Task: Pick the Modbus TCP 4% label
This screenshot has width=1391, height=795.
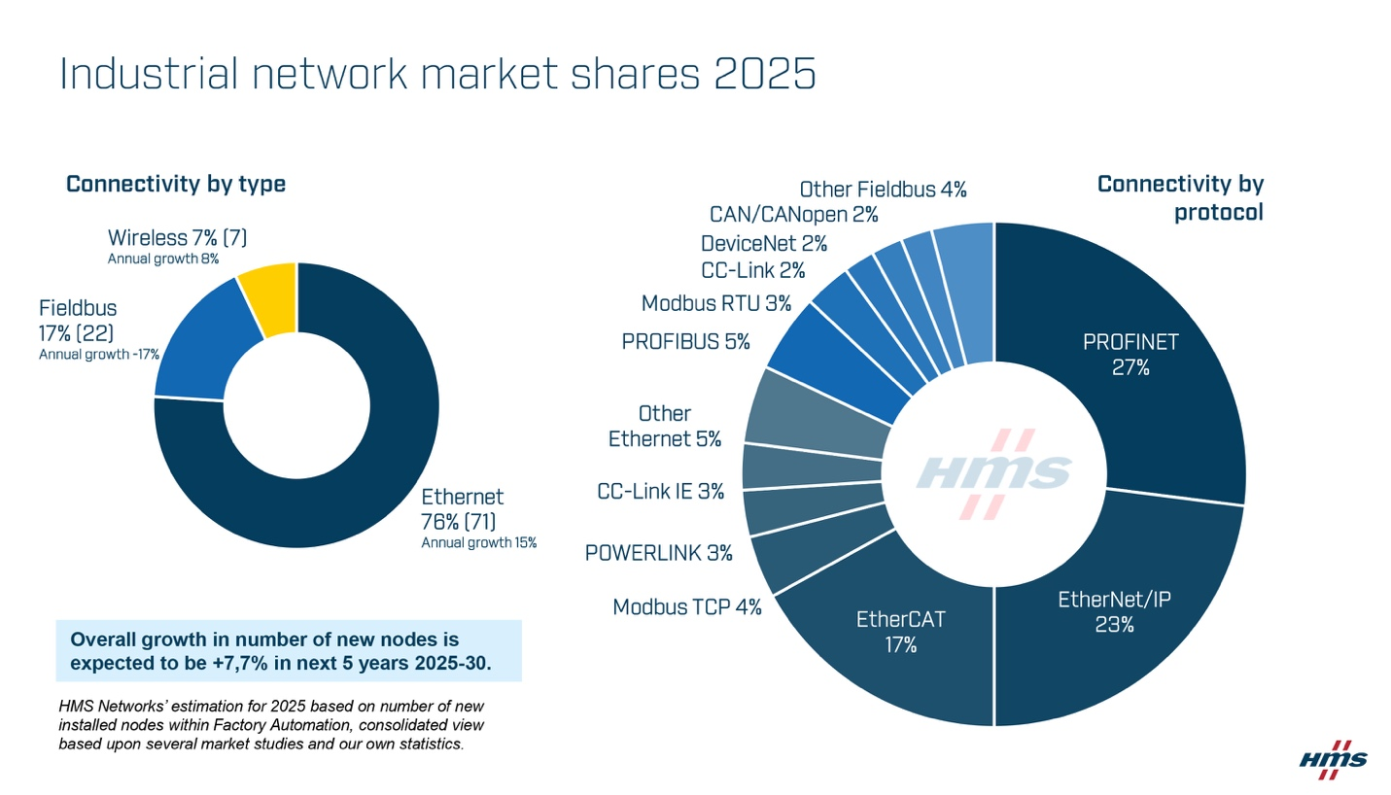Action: (687, 608)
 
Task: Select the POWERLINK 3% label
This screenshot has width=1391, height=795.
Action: (659, 554)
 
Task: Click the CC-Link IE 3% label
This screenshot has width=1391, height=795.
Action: (661, 492)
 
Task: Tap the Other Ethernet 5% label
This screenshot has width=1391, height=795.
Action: (665, 427)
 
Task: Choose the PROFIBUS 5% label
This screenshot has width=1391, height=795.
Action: (686, 342)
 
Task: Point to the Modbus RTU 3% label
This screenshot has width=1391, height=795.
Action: (716, 304)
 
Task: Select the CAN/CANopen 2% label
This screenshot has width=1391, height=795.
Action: (794, 213)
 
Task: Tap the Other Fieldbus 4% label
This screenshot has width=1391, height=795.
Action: (883, 189)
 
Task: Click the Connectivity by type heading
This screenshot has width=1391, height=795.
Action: (175, 184)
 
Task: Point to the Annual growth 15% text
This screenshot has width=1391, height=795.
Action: (478, 543)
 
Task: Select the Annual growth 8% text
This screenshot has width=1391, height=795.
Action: (162, 259)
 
